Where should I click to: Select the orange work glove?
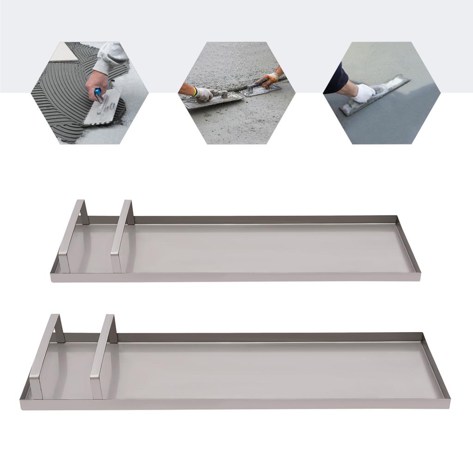270,79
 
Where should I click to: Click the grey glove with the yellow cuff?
203,94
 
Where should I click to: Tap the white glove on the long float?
364,93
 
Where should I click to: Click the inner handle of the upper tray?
122,236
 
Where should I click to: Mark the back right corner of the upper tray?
397,217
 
